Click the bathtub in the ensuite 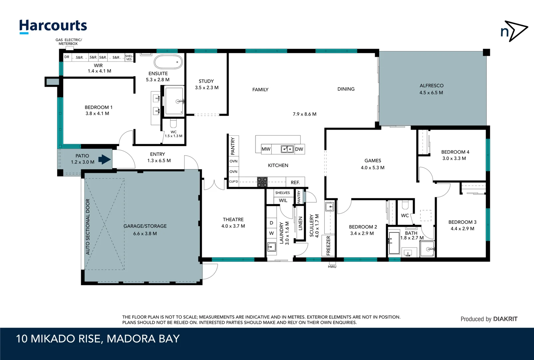coord(168,62)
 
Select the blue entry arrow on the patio coord(105,159)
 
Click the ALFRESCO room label coord(431,86)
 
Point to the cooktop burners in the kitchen coord(262,182)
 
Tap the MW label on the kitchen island coord(266,149)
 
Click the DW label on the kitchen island coord(299,149)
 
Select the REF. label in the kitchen coord(295,182)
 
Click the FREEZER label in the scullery coord(328,246)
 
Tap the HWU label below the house coord(332,267)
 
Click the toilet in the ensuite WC coord(173,124)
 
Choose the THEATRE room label coord(233,219)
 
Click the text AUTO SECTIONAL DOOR coord(88,227)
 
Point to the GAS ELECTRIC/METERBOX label coord(69,42)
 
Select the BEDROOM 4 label coord(455,152)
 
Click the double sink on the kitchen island coord(287,149)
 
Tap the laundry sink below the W coord(271,247)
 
